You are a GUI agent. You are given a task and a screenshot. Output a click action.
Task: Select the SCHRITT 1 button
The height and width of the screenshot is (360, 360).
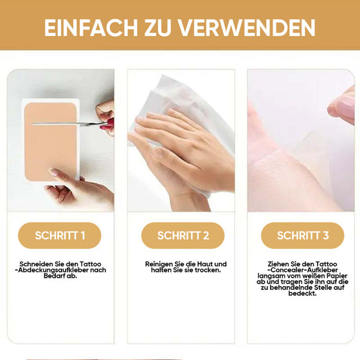coord(60,235)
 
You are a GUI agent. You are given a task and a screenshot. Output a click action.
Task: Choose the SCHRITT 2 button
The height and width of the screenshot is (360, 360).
coord(184,235)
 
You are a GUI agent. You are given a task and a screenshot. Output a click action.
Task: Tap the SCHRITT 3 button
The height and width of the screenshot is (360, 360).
coord(303,235)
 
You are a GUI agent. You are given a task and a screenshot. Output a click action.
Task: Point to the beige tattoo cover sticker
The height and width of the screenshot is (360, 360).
coord(50,141)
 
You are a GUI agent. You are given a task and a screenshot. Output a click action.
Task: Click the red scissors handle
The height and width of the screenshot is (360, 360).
coord(105,122)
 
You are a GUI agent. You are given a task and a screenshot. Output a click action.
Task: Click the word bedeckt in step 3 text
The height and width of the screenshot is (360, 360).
coord(303,293)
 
